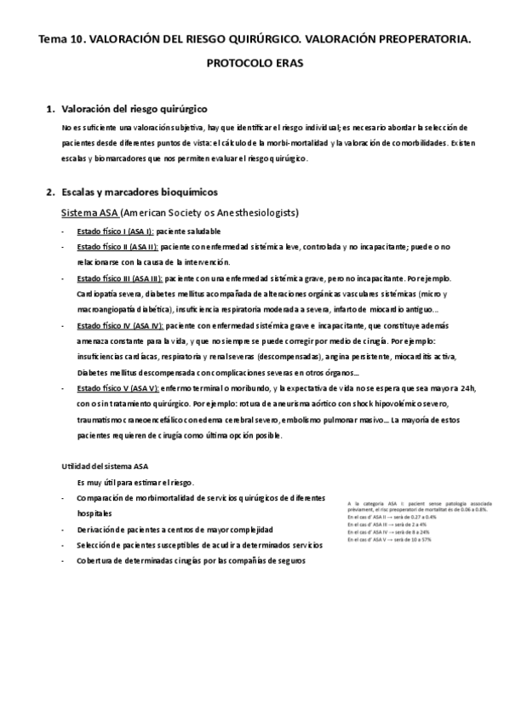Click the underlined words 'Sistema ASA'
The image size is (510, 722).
[89, 212]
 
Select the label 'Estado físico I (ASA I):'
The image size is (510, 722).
[115, 232]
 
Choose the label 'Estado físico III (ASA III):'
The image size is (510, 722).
[119, 278]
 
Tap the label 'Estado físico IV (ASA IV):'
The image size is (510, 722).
[119, 326]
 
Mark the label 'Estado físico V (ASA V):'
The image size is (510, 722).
[117, 388]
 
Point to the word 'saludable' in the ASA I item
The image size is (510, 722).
[201, 232]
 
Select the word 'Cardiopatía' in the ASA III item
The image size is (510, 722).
[100, 295]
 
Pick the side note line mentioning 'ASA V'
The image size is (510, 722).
[389, 539]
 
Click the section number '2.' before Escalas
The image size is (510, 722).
[49, 192]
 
